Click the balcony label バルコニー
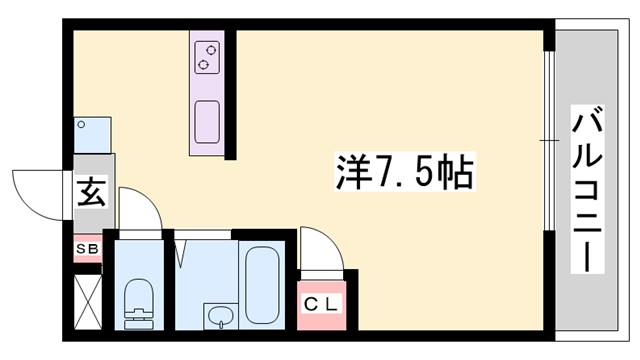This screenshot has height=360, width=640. tap(587, 189)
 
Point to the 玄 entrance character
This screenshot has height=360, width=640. tap(88, 190)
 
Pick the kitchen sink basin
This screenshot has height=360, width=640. tap(208, 119)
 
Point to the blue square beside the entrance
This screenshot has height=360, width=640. tap(92, 134)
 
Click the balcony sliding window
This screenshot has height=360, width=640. tap(549, 140)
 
